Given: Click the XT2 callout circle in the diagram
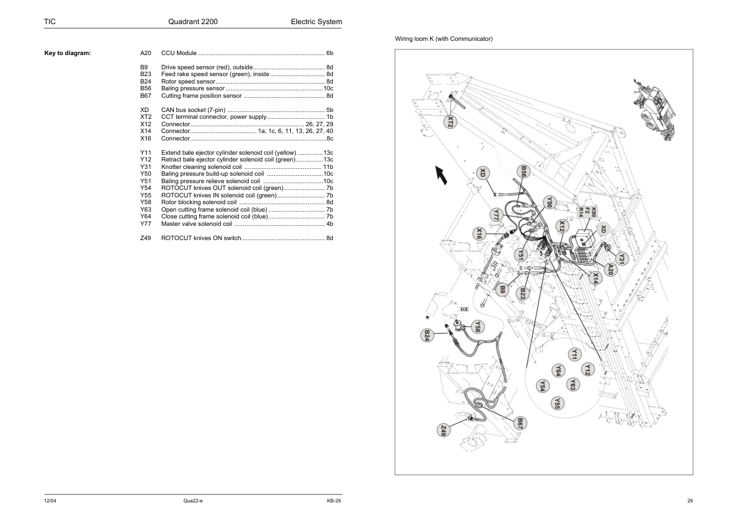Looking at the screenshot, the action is (450, 122).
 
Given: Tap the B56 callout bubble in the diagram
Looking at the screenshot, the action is (524, 171).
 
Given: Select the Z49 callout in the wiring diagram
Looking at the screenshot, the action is (443, 430).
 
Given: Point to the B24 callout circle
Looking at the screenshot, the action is (426, 335).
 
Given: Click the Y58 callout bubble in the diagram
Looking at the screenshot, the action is (477, 327).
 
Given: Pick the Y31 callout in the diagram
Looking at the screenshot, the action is (621, 259).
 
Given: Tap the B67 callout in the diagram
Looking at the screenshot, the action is (519, 423).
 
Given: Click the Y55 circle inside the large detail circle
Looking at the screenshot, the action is (557, 403).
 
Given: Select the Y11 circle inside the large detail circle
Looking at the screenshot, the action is (574, 354).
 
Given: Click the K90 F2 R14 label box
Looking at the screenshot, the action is (587, 212).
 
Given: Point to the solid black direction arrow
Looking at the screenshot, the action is (441, 174).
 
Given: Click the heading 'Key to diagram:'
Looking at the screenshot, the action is (67, 53).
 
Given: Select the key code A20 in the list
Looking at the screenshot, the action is (145, 53).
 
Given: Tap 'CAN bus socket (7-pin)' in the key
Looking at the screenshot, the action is (193, 110).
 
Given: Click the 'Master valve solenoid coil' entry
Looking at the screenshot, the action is (196, 223).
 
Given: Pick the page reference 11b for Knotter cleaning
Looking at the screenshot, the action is (328, 167).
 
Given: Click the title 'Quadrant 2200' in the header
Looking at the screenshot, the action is (192, 22).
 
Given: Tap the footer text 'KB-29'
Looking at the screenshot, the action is (334, 501).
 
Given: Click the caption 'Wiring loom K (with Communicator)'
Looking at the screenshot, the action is (444, 39).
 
